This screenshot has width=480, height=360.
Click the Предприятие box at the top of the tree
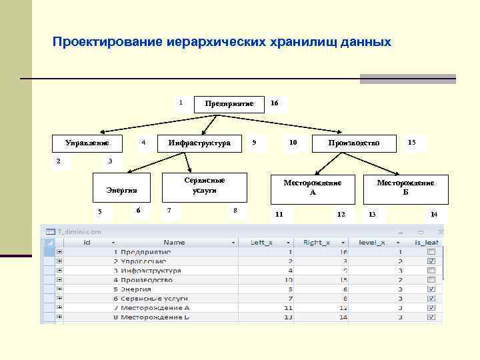point(229,104)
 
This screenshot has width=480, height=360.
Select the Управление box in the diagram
point(86,143)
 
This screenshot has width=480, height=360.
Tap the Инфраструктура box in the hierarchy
point(199,143)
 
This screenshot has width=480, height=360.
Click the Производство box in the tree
point(353,143)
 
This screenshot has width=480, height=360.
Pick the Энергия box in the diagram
point(121,189)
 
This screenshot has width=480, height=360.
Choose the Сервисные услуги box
point(205,185)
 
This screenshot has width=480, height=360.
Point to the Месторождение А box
point(312,187)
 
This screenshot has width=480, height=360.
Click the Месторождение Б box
point(405,187)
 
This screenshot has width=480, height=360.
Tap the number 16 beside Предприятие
point(275,103)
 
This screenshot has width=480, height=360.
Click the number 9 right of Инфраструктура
point(254,142)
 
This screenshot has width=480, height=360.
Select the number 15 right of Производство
point(412,142)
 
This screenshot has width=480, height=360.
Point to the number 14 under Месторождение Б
point(434,214)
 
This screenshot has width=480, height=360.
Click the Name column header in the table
point(174,243)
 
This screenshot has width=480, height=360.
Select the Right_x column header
point(316,243)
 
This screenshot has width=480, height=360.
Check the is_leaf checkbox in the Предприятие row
point(431,252)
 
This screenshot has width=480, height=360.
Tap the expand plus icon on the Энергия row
point(59,290)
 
